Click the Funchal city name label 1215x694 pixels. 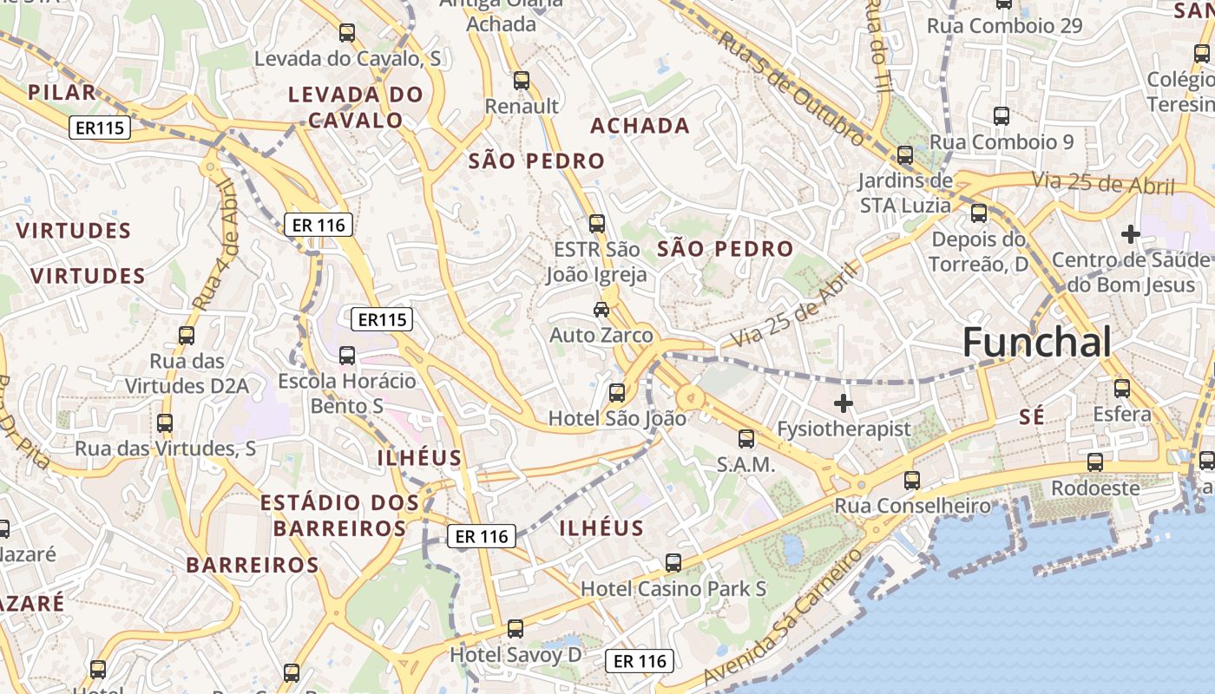click(1036, 343)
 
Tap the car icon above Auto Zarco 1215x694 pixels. click(601, 309)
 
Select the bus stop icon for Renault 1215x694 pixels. click(522, 81)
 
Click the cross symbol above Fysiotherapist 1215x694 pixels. click(843, 403)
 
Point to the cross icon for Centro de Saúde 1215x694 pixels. click(1130, 234)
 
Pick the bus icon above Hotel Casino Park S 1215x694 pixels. click(673, 563)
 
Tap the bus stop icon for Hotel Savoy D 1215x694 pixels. click(516, 629)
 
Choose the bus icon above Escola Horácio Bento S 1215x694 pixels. click(347, 356)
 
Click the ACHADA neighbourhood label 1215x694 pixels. click(640, 126)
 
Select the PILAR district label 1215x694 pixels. click(62, 93)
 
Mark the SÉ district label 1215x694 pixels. click(1032, 417)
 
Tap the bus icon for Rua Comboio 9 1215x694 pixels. click(1002, 116)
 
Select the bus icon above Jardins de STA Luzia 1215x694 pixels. click(905, 156)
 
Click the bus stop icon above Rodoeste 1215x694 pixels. click(1095, 462)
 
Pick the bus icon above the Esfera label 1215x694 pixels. click(1122, 389)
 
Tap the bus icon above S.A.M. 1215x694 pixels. click(746, 439)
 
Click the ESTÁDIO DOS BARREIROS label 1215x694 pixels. click(339, 515)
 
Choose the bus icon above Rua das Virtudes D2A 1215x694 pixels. click(187, 336)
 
